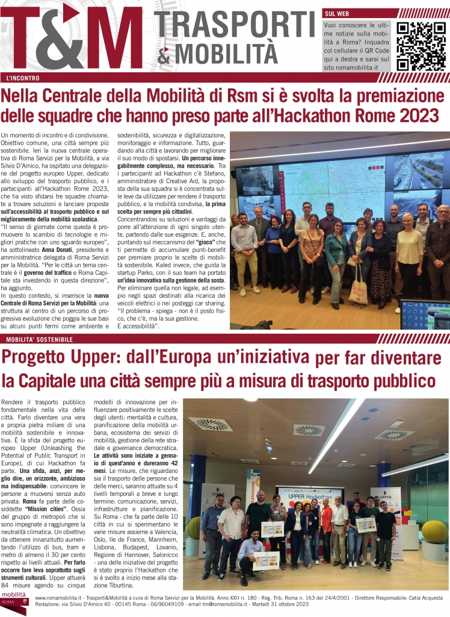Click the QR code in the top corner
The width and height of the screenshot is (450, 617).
[418, 46]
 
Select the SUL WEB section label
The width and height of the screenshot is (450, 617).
[338, 13]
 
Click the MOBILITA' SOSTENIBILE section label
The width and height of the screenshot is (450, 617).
[39, 340]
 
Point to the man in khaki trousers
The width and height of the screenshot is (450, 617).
[245, 253]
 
